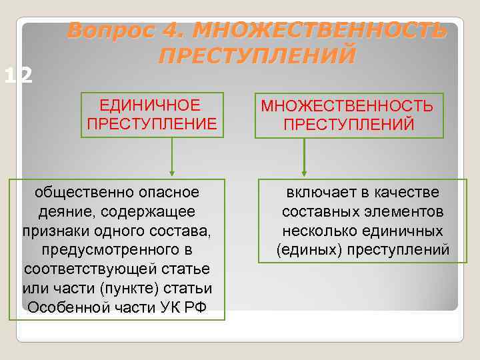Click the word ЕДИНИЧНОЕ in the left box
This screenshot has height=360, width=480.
tap(149, 105)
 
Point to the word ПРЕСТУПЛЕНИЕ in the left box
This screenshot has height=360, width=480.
tap(152, 124)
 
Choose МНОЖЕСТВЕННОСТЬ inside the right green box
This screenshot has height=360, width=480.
tap(347, 107)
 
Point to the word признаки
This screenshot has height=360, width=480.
tap(54, 231)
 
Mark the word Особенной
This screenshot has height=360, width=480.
tap(64, 307)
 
